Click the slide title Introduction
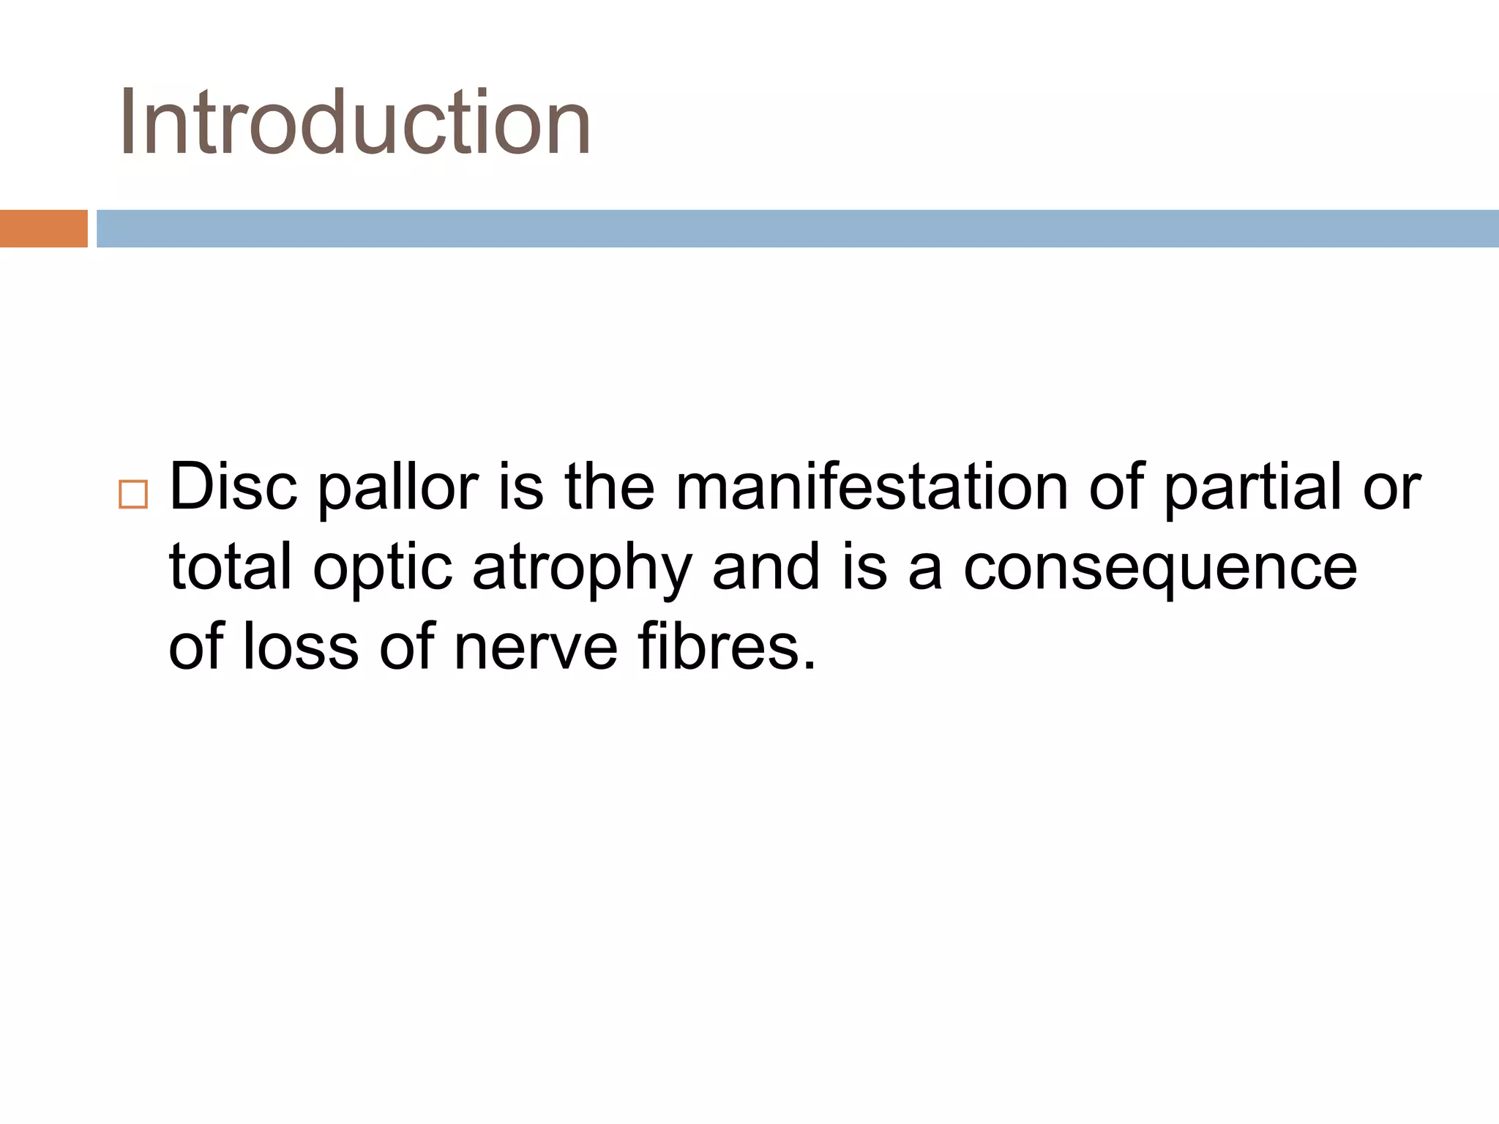[355, 122]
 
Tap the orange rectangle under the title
[43, 228]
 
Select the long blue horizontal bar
[797, 228]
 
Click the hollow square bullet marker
[132, 495]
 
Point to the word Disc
[233, 487]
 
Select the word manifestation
[871, 487]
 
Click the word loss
[300, 646]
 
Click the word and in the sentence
[766, 567]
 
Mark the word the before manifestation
[609, 487]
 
